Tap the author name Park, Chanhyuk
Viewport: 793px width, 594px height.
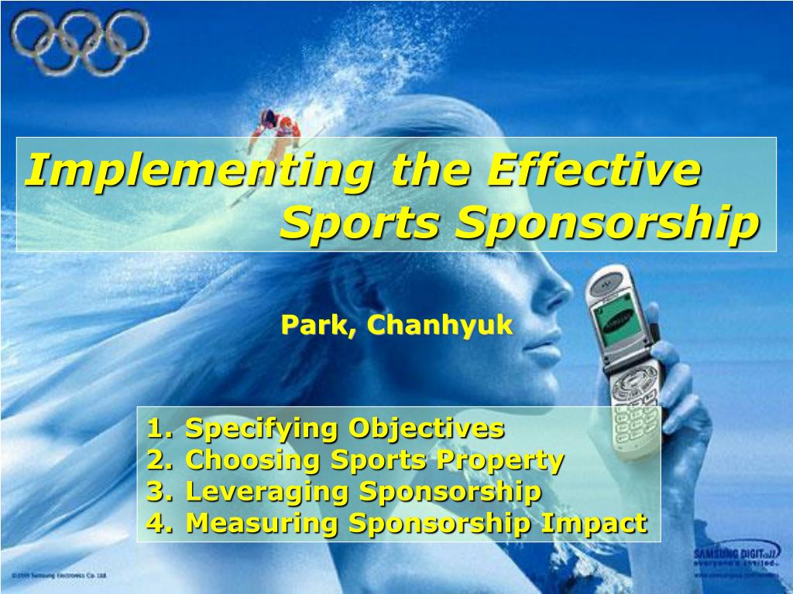396,326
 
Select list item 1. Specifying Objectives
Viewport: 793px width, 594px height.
326,428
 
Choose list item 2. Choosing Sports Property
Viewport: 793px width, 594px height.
355,460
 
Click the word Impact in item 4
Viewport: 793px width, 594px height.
594,524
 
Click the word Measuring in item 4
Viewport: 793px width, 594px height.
263,524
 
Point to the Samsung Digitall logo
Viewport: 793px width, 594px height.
736,556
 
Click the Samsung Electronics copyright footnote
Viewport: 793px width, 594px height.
60,575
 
